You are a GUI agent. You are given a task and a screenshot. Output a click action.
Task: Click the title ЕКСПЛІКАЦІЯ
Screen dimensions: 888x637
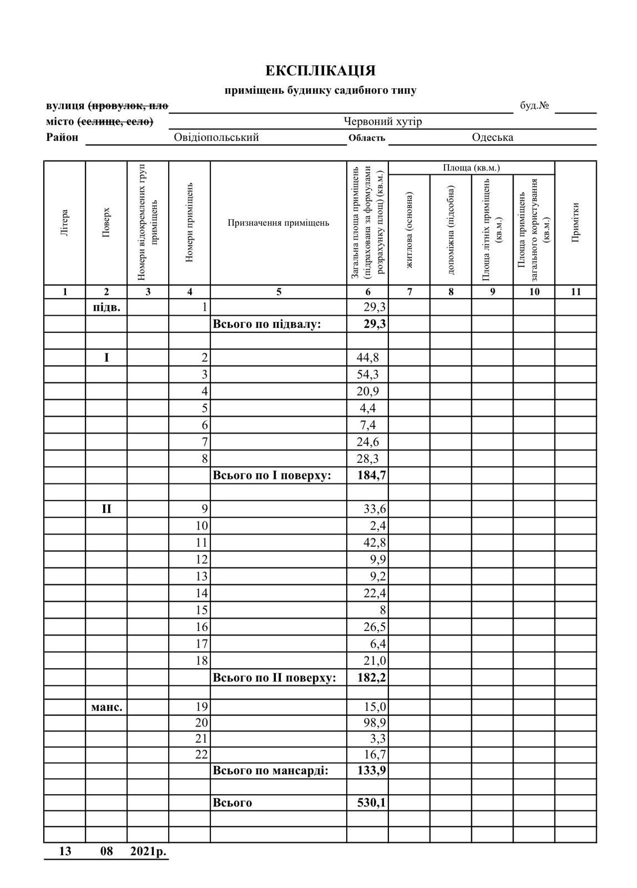320,71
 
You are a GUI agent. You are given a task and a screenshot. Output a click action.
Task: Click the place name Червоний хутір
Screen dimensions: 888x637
382,122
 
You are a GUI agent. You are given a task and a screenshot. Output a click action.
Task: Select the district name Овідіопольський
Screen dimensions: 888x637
216,138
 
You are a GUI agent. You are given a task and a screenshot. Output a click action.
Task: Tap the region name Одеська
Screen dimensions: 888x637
492,138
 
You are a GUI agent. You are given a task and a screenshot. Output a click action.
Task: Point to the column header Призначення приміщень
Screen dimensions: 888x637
278,223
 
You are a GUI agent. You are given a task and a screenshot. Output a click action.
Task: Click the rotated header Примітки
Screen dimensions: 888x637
575,222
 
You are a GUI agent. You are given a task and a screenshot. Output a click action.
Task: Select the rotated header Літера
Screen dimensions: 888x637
64,223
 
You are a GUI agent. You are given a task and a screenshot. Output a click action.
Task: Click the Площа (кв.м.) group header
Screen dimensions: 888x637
471,168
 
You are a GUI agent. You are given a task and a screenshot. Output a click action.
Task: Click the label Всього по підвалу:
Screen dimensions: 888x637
267,324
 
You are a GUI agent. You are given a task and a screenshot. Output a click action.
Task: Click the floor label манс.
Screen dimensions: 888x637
106,707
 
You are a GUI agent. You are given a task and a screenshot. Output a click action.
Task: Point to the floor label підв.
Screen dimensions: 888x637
106,307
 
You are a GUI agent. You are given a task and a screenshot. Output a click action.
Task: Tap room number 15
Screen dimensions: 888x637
201,610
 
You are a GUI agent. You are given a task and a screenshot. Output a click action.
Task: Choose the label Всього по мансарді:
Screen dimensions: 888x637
271,771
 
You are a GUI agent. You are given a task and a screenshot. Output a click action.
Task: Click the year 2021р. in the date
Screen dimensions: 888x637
148,851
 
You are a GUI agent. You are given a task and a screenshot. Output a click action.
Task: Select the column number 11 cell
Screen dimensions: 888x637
575,292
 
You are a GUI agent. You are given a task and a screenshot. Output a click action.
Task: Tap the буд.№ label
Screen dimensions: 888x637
534,106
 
